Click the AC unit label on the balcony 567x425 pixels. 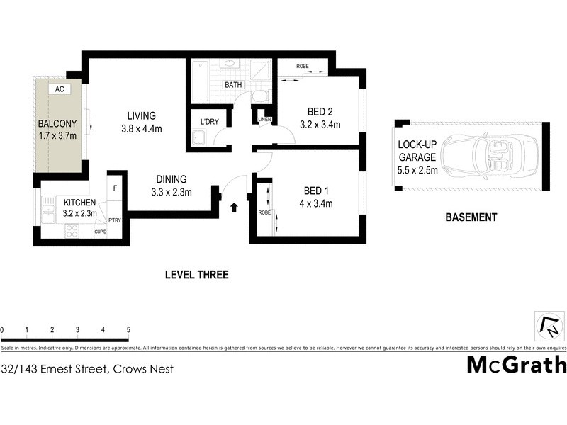coord(60,89)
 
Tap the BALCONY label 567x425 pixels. coord(57,124)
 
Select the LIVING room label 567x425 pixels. coord(141,116)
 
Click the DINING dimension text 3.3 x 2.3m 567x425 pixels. coord(172,191)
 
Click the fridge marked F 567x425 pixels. coord(115,189)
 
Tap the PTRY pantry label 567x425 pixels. coord(115,220)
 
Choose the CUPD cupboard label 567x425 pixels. coord(100,231)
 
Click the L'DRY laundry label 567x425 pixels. coord(210,122)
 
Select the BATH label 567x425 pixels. coord(233,85)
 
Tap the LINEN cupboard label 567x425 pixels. coord(264,118)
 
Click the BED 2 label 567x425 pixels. coord(320,112)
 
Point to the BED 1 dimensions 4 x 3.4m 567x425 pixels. coord(318,204)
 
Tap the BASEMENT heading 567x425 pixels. coord(471,218)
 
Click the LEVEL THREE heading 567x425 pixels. coord(196,275)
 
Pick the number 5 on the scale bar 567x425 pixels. coord(128,330)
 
